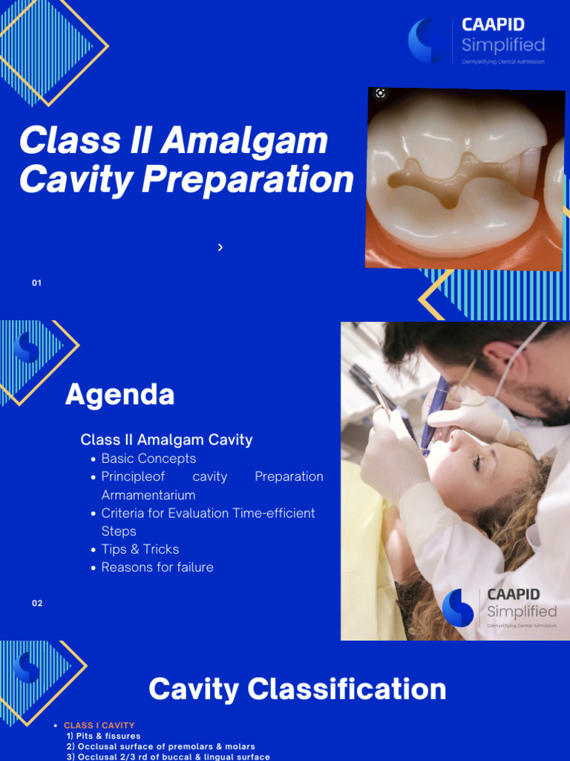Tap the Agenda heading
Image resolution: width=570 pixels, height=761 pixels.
point(119,395)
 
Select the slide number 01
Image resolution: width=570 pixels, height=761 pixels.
point(36,283)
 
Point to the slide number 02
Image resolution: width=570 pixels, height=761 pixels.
point(37,603)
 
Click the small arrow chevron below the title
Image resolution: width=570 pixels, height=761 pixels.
point(220,247)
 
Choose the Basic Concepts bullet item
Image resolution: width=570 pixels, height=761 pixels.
point(148,459)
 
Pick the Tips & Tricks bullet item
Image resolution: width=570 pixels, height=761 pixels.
point(140,549)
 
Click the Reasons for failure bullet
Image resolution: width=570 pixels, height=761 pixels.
point(157,567)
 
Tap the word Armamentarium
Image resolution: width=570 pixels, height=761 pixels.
point(148,495)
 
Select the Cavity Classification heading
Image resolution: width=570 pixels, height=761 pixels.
point(297,689)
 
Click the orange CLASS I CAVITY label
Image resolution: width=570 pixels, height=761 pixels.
point(99,725)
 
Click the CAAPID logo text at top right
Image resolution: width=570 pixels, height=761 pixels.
point(493,25)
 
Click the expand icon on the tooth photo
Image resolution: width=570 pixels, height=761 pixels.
point(381,94)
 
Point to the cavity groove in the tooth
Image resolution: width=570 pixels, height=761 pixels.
point(445,178)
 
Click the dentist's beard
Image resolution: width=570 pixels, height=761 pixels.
point(546,398)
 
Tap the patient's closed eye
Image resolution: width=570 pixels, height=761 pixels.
point(475,462)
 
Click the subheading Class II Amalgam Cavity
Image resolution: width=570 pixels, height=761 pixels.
point(166,439)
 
